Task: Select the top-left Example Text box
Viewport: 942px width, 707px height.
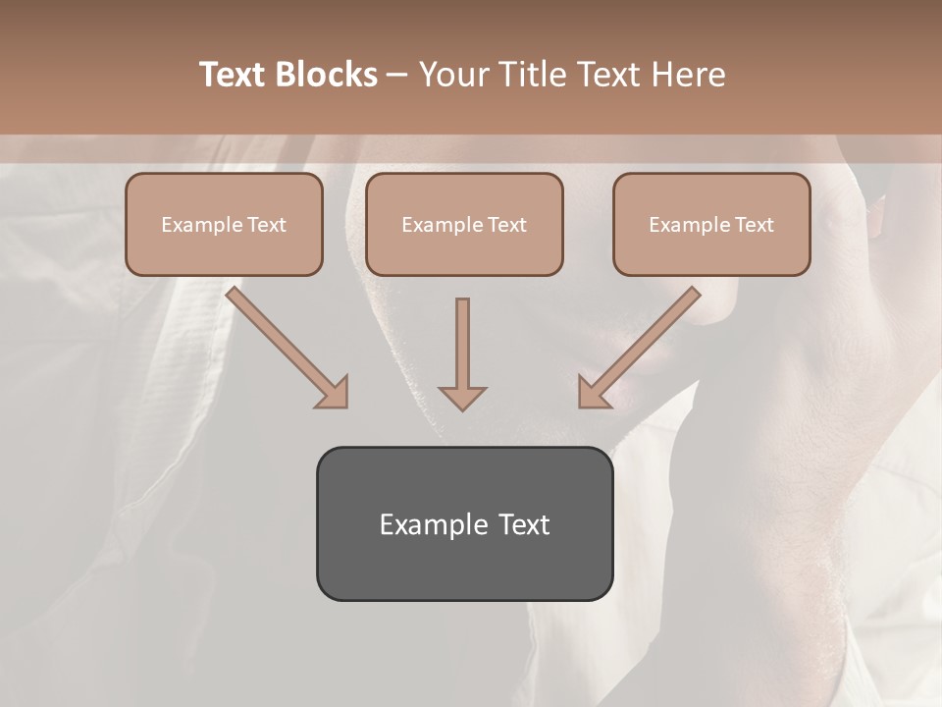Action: tap(224, 225)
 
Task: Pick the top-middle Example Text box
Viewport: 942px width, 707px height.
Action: tap(464, 225)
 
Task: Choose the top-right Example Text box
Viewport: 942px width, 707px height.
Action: tap(711, 225)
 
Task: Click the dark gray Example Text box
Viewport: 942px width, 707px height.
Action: tap(464, 524)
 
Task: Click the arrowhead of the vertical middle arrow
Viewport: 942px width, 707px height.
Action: tap(462, 397)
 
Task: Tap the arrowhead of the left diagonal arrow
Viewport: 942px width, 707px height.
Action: tap(334, 393)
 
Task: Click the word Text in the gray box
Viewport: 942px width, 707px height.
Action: tap(524, 524)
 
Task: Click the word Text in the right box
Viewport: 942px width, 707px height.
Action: tap(754, 225)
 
